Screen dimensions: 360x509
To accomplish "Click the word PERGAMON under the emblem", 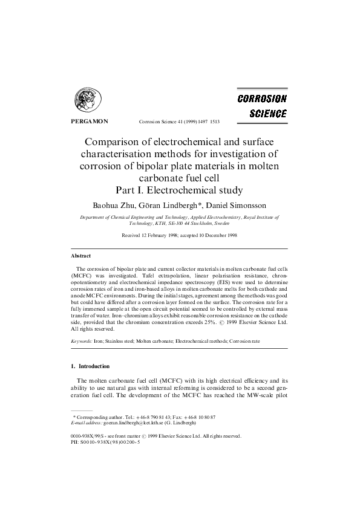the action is [x=86, y=122].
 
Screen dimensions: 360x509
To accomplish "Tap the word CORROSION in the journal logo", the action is [x=262, y=99].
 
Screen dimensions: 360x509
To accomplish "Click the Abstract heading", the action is [x=80, y=256].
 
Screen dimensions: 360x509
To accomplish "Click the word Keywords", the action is [x=82, y=342].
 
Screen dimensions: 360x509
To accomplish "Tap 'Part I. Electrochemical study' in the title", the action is [x=180, y=190].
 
